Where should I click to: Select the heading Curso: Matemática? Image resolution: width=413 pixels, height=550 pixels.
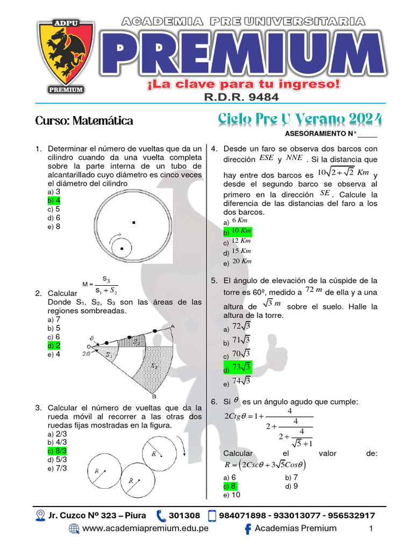pos(84,121)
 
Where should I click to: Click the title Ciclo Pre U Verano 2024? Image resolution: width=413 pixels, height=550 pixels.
pos(300,119)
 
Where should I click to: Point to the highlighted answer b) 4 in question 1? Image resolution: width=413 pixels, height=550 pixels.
pos(54,200)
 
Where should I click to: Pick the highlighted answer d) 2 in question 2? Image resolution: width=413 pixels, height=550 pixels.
pos(54,345)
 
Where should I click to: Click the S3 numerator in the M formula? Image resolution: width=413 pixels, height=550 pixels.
pos(106,279)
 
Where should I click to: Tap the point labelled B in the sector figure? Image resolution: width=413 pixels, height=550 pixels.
pos(154,396)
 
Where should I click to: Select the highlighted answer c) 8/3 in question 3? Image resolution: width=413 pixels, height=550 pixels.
pos(58,451)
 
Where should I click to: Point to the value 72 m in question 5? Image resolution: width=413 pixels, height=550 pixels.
pos(313,291)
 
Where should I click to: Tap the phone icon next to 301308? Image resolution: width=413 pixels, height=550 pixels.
pos(161,516)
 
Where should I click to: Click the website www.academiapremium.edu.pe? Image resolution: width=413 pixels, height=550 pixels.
pos(145,528)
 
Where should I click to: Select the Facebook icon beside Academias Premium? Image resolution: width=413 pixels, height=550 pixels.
pos(248,529)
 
